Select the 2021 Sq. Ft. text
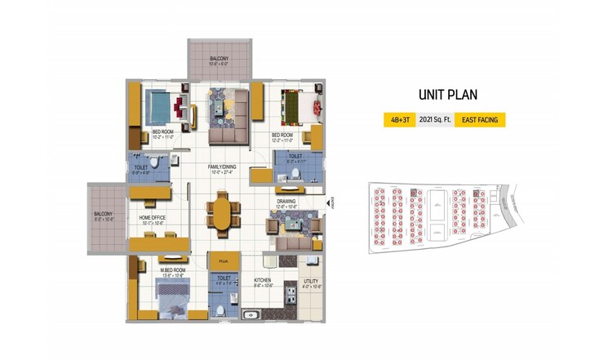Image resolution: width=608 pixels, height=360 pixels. (433, 119)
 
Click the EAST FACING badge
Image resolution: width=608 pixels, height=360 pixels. (479, 119)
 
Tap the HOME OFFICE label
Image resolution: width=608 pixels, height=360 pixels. (153, 217)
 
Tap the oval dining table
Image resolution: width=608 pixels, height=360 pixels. (223, 214)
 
